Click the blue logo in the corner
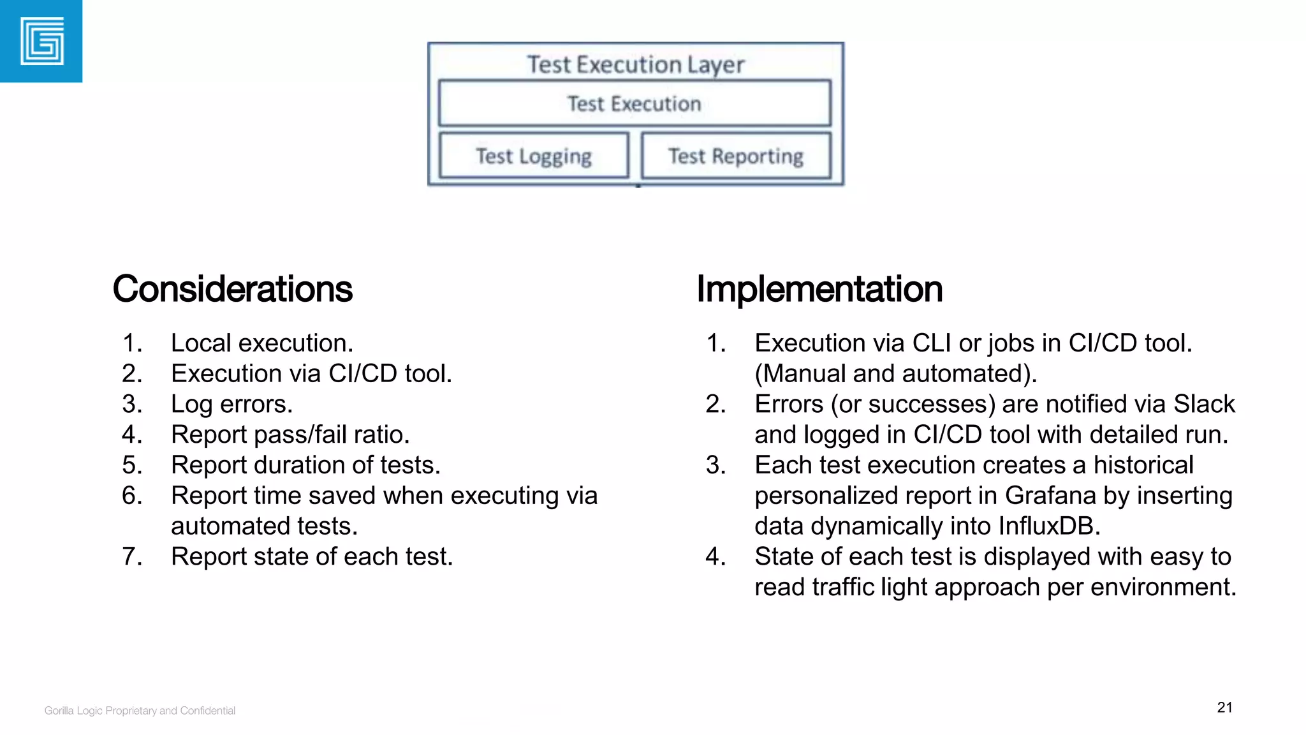pyautogui.click(x=41, y=41)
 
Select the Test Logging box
pyautogui.click(x=534, y=156)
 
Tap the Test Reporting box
pyautogui.click(x=736, y=156)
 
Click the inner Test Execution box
pyautogui.click(x=635, y=103)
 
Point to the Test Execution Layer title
pyautogui.click(x=635, y=64)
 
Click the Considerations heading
pyautogui.click(x=232, y=289)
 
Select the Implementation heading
pyautogui.click(x=819, y=289)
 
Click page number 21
pyautogui.click(x=1224, y=708)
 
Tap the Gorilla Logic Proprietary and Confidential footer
pyautogui.click(x=140, y=711)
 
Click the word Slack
pyautogui.click(x=1204, y=404)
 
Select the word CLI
pyautogui.click(x=932, y=343)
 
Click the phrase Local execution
pyautogui.click(x=261, y=343)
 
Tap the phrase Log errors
pyautogui.click(x=231, y=405)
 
